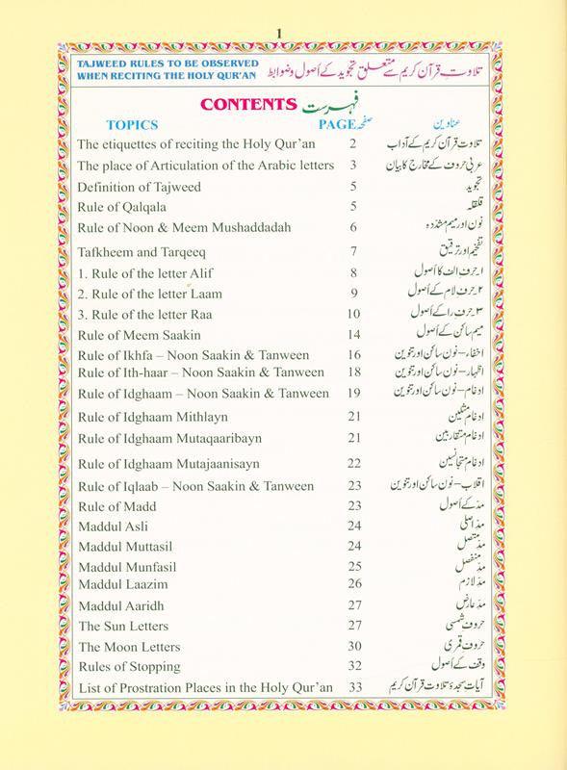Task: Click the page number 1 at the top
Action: (282, 10)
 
